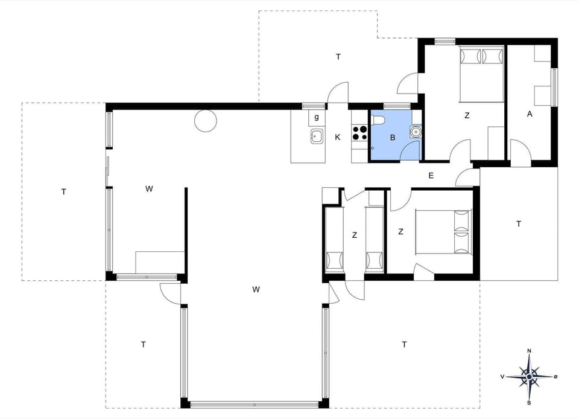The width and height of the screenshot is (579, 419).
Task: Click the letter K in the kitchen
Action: click(x=338, y=137)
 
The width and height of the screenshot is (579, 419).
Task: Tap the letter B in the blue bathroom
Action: click(x=393, y=137)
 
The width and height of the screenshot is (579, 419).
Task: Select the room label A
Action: click(x=530, y=114)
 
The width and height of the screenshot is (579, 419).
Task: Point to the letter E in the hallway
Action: click(x=431, y=176)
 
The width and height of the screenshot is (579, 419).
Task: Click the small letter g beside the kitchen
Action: click(x=316, y=116)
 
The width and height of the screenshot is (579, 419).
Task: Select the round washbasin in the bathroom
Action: click(x=415, y=131)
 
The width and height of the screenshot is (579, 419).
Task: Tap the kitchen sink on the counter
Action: click(x=316, y=136)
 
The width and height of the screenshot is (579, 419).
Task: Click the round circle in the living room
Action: click(x=205, y=121)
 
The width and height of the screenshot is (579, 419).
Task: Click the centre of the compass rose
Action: click(x=529, y=377)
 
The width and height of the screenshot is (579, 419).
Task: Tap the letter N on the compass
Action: click(x=529, y=351)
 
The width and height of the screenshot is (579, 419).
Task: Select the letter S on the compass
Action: click(x=529, y=402)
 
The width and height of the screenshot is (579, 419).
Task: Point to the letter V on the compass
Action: click(x=502, y=376)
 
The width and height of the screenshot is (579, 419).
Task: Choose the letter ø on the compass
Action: click(x=555, y=376)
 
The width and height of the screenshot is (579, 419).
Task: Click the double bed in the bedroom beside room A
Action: click(x=481, y=74)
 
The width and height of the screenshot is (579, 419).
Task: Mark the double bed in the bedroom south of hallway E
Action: click(x=443, y=231)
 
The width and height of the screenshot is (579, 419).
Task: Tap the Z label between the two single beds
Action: click(x=355, y=235)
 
